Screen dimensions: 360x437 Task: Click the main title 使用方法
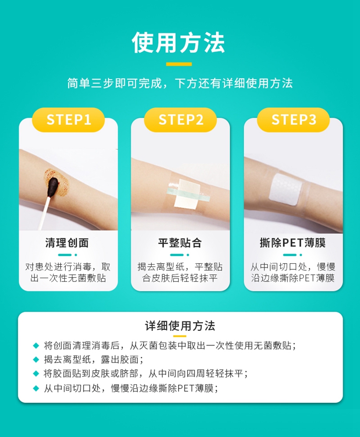coord(179,42)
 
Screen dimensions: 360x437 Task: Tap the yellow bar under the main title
coord(179,64)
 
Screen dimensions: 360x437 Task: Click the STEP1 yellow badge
coord(69,120)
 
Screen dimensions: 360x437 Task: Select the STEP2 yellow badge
coord(180,120)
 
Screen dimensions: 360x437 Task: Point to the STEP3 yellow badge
coord(293,120)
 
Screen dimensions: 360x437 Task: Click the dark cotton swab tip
coord(53,187)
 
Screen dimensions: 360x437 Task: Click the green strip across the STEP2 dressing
coord(188,194)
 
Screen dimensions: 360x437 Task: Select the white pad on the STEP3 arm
coord(286,190)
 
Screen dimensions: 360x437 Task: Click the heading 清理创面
coord(67,243)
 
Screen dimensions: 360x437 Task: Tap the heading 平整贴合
coord(180,243)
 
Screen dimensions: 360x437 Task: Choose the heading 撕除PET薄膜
coord(293,243)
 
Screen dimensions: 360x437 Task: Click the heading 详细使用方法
coord(180,326)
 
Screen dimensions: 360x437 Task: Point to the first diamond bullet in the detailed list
coord(36,346)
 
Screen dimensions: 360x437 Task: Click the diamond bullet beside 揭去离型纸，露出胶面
coord(36,360)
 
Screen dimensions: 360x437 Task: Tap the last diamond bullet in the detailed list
coord(36,388)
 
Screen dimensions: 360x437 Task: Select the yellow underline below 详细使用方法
coord(180,336)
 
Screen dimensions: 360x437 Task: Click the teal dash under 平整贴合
coord(177,255)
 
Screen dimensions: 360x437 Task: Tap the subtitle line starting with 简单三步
coord(180,83)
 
